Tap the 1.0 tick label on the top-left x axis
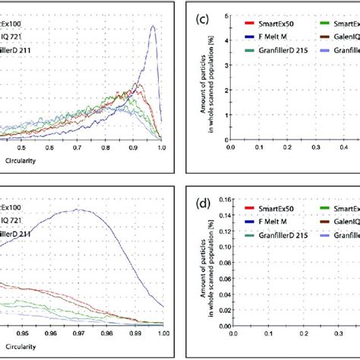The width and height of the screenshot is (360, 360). [x=160, y=150]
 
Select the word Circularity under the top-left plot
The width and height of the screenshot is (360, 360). [x=16, y=161]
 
